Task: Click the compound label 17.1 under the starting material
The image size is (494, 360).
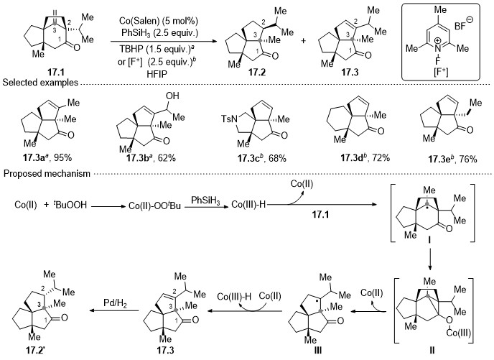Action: pos(56,73)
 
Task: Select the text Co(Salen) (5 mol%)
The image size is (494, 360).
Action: pos(159,21)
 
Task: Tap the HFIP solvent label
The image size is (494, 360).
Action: pos(158,74)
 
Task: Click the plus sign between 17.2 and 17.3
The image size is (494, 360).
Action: pos(304,41)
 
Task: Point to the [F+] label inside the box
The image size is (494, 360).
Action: pos(440,72)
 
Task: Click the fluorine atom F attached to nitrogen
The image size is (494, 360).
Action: pos(437,60)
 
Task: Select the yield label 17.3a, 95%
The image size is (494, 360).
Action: pos(47,157)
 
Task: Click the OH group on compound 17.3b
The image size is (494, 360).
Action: pos(172,96)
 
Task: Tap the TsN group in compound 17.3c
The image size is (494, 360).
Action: pos(229,119)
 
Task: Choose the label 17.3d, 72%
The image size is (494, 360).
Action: pos(365,157)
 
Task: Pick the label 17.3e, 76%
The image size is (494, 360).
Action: pos(452,160)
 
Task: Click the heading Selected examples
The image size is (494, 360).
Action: pos(40,83)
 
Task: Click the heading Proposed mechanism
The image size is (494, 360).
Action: pos(47,173)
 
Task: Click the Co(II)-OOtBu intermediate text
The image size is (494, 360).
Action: pos(154,206)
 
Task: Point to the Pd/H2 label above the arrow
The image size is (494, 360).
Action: pos(115,303)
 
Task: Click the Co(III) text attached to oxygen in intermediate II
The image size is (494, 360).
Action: pos(459,333)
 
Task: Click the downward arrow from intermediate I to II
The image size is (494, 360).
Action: pos(430,259)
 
